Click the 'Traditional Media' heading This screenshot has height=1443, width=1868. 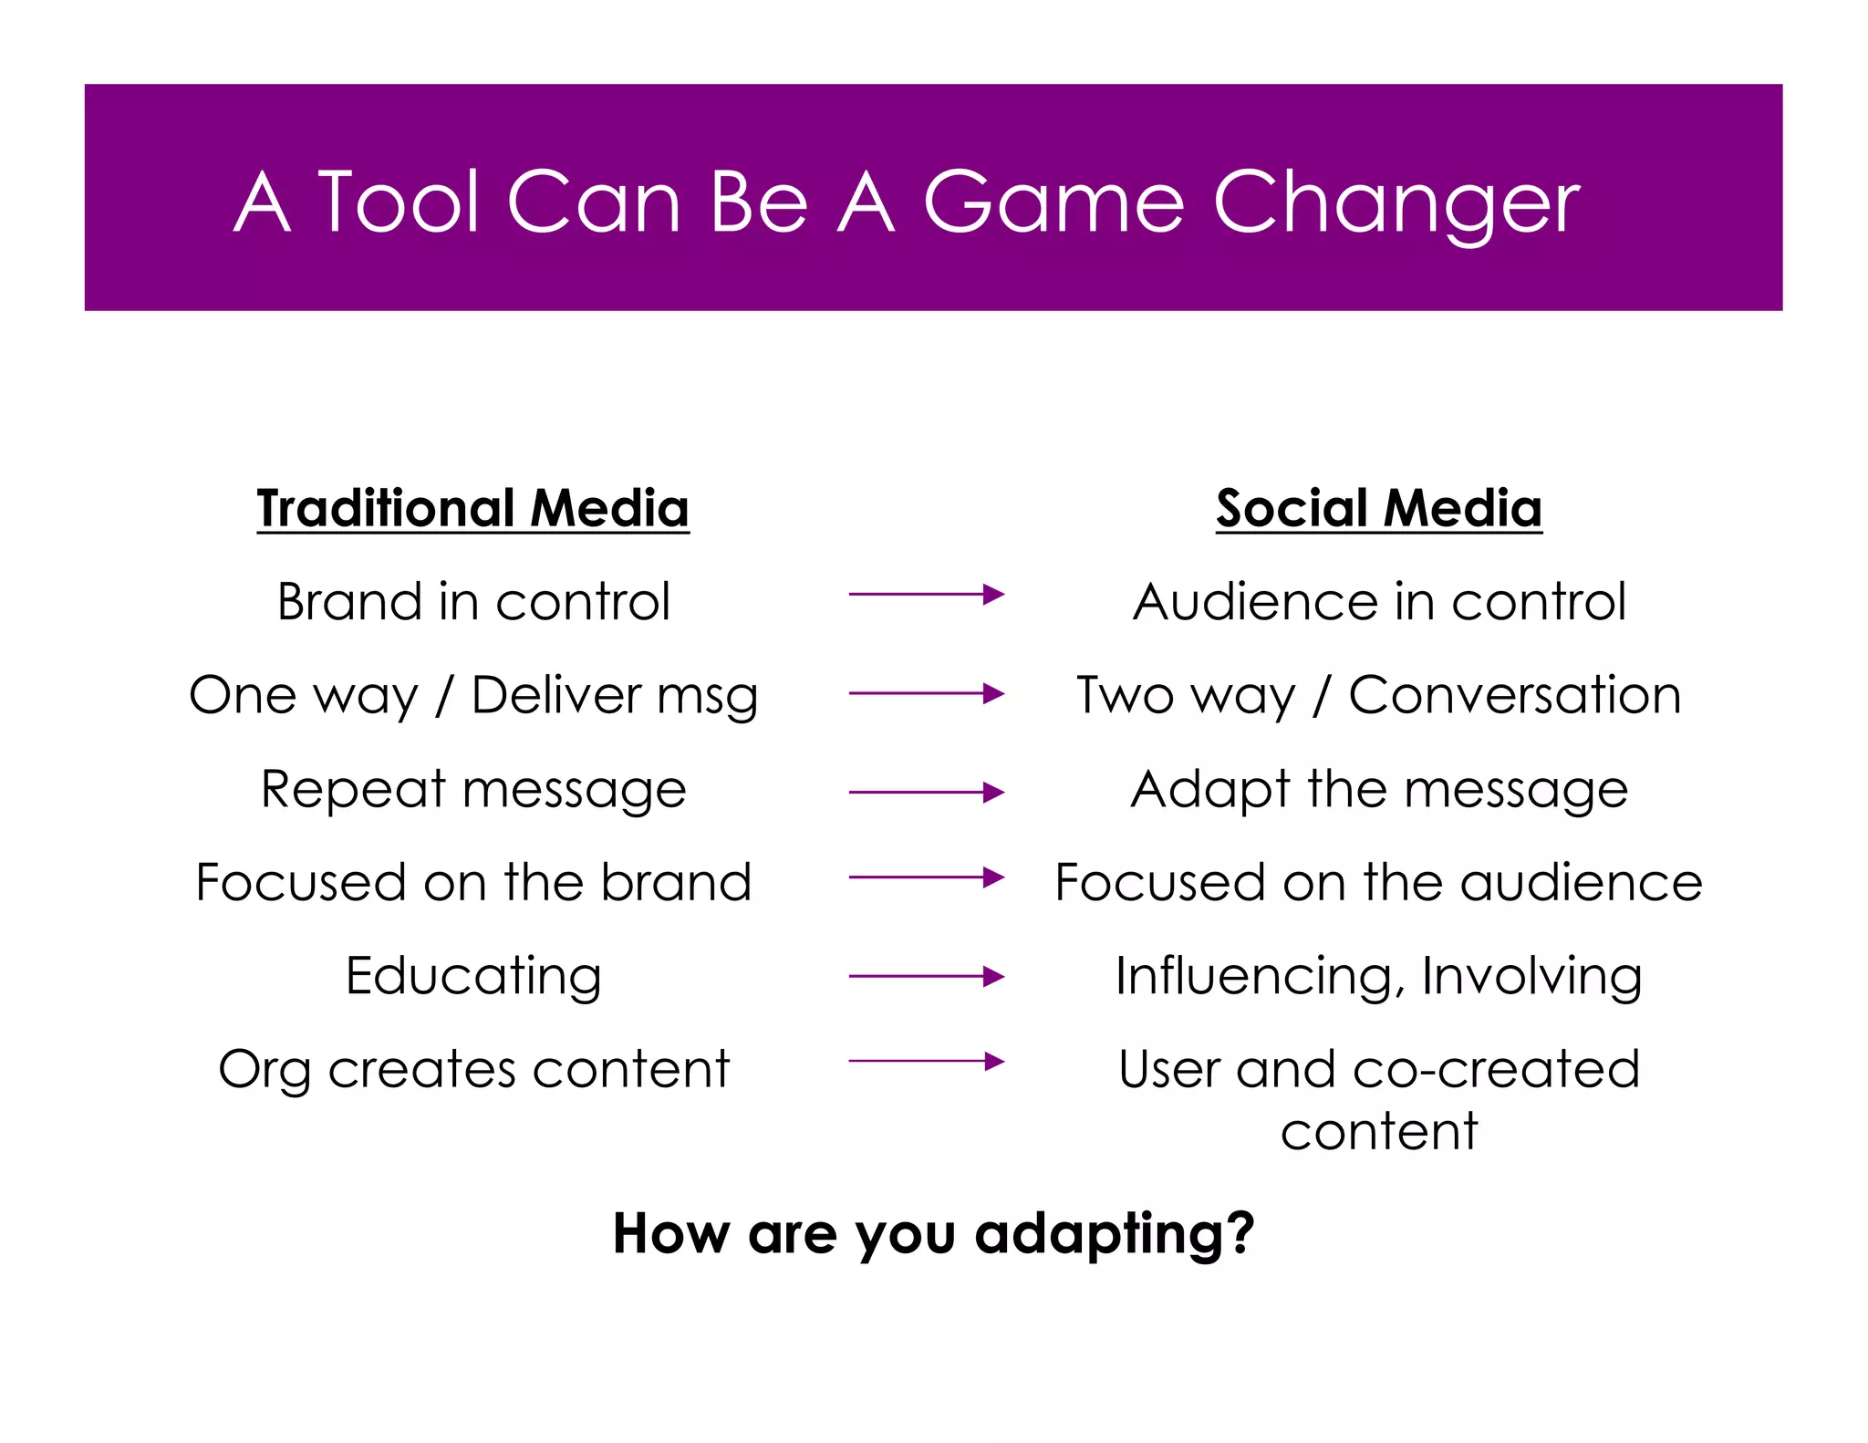click(x=472, y=508)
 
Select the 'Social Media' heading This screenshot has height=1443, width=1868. click(x=1378, y=508)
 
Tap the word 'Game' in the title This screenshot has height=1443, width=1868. click(x=1053, y=202)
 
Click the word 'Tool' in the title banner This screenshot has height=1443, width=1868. click(x=399, y=202)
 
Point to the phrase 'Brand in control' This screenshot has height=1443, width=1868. click(x=473, y=602)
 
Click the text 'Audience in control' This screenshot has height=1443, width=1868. click(x=1379, y=602)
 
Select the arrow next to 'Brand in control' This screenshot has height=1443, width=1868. click(x=926, y=595)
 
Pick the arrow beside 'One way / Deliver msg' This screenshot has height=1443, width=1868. click(x=926, y=693)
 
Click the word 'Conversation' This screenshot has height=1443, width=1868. click(x=1514, y=695)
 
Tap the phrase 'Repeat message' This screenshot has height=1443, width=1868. click(x=473, y=789)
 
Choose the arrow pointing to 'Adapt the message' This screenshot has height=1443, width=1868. click(x=926, y=793)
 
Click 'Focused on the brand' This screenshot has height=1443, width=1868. click(x=473, y=882)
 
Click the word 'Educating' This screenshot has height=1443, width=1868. click(x=473, y=976)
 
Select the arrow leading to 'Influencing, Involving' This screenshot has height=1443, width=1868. click(x=926, y=976)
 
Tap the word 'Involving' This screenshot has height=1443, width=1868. click(x=1531, y=976)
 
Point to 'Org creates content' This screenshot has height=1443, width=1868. click(x=473, y=1069)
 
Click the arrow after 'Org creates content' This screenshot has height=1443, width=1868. click(x=926, y=1061)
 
